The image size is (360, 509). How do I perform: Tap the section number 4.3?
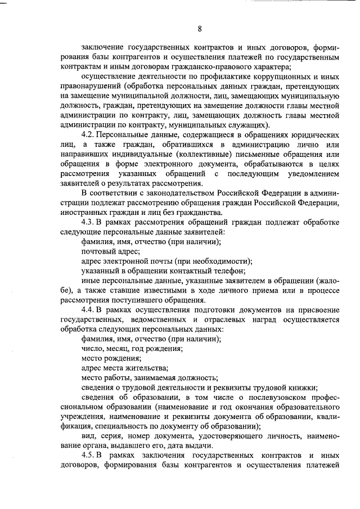(89, 223)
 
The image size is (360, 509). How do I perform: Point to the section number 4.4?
(89, 310)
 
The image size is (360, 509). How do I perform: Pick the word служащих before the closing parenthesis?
(245, 124)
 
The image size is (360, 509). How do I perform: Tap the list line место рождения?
(111, 358)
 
